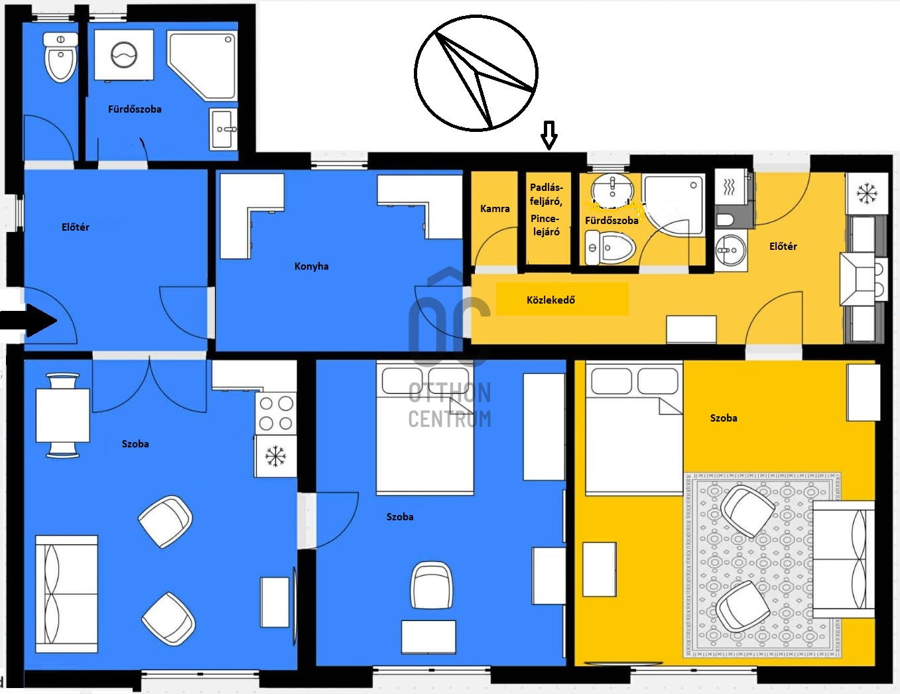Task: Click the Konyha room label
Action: pyautogui.click(x=312, y=266)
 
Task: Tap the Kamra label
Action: pyautogui.click(x=495, y=209)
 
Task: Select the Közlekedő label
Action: pyautogui.click(x=550, y=300)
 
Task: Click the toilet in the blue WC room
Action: pyautogui.click(x=60, y=58)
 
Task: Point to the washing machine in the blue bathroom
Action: pyautogui.click(x=124, y=54)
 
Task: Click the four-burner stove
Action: pyautogui.click(x=275, y=414)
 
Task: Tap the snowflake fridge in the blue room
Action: pyautogui.click(x=275, y=456)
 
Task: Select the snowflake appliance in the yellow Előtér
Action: pyautogui.click(x=867, y=194)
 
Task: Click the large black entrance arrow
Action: pyautogui.click(x=28, y=320)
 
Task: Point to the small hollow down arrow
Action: pyautogui.click(x=549, y=135)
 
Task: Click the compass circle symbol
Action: pyautogui.click(x=476, y=74)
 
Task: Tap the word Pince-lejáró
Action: pyautogui.click(x=546, y=225)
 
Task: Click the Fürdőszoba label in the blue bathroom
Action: pyautogui.click(x=135, y=109)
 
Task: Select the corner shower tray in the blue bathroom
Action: pyautogui.click(x=202, y=66)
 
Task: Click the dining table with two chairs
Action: pyautogui.click(x=62, y=415)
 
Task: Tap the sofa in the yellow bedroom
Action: pyautogui.click(x=844, y=559)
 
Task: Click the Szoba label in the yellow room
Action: pyautogui.click(x=724, y=418)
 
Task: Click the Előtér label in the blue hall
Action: pyautogui.click(x=76, y=227)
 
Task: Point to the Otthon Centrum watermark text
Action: pyautogui.click(x=450, y=405)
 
